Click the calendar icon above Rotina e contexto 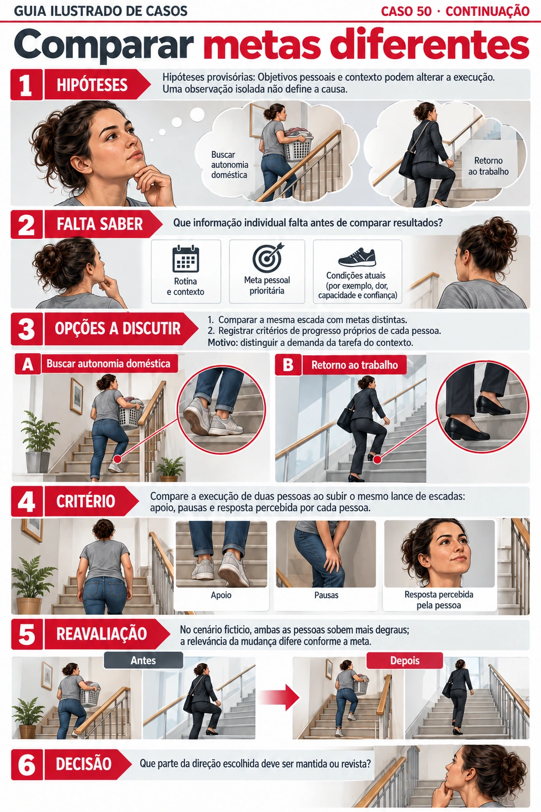pos(185,259)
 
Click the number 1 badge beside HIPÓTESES pos(26,85)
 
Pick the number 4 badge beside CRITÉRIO pos(26,501)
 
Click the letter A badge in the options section pos(27,364)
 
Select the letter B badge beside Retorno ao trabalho pos(288,365)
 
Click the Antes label pos(144,660)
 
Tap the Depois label pos(405,660)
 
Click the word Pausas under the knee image pos(326,595)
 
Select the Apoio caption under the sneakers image pos(221,595)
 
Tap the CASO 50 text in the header pos(406,11)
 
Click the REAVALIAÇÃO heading pos(101,634)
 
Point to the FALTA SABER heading pos(100,224)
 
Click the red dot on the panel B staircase pos(377,459)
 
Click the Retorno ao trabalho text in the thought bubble pos(489,166)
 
